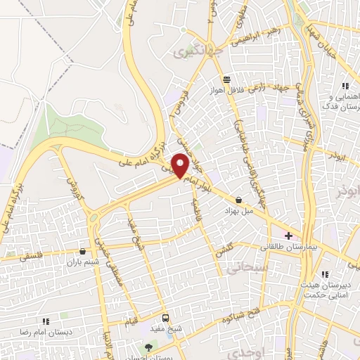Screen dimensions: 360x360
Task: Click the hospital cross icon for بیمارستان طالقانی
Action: click(x=288, y=235)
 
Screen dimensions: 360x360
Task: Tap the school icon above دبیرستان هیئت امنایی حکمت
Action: click(x=324, y=274)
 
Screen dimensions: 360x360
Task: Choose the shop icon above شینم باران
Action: click(x=84, y=251)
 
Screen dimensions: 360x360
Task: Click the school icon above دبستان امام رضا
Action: click(x=44, y=321)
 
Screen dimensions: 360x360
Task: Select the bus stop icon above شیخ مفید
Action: click(x=165, y=318)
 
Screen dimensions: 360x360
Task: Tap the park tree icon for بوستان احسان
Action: click(x=148, y=347)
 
